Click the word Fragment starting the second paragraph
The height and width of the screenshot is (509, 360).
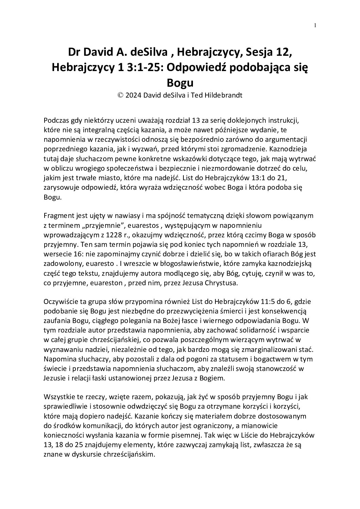(x=57, y=216)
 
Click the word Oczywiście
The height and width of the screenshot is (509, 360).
(x=60, y=301)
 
